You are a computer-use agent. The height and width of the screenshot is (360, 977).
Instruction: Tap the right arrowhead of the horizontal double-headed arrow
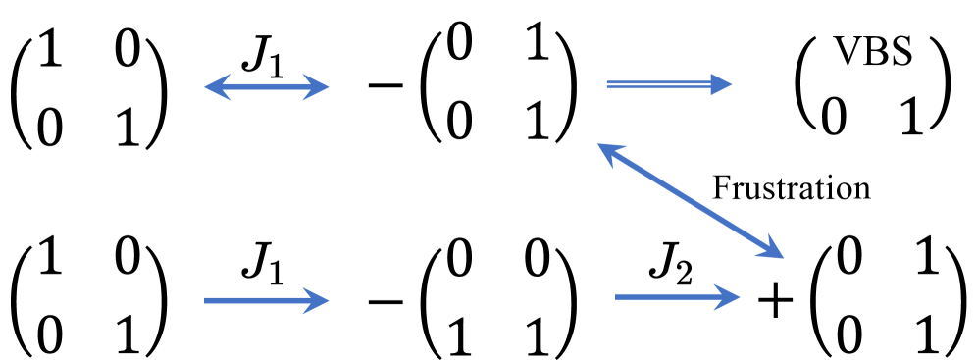[325, 87]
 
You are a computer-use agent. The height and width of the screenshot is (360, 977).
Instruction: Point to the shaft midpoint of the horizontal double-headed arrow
[267, 87]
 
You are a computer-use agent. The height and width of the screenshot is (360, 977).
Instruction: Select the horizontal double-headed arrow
[267, 87]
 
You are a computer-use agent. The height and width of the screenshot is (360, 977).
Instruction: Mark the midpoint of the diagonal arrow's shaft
[691, 201]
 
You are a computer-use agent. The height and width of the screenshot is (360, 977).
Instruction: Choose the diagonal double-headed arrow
[691, 201]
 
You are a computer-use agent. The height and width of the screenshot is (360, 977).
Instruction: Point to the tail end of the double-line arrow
[607, 85]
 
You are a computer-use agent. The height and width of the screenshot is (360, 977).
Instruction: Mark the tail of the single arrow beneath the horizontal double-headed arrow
[205, 300]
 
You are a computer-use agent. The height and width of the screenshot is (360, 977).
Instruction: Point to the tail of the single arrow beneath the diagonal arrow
[616, 296]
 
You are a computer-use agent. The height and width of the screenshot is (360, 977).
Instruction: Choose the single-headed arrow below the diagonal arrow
[678, 296]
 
